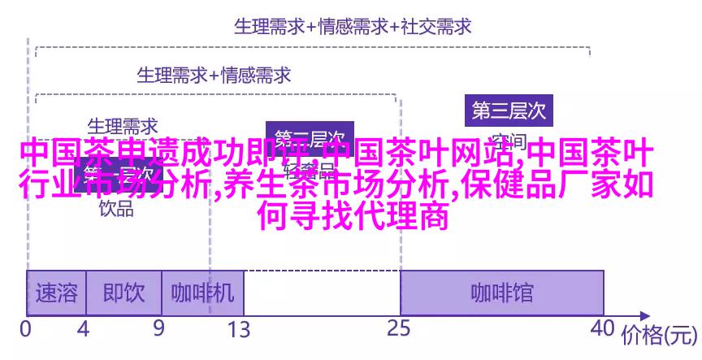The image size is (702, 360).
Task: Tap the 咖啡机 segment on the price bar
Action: (x=202, y=293)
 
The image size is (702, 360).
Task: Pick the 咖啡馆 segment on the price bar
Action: (x=501, y=293)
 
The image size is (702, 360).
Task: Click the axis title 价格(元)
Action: (x=660, y=333)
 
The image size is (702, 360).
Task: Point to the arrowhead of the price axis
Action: (x=643, y=315)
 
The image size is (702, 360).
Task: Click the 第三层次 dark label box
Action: (x=509, y=109)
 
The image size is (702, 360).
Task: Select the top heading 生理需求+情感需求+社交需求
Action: (x=353, y=26)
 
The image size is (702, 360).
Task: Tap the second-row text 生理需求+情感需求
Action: (x=214, y=75)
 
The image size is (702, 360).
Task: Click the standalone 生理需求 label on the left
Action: (x=122, y=127)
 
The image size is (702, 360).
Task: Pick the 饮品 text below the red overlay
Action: (x=116, y=208)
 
